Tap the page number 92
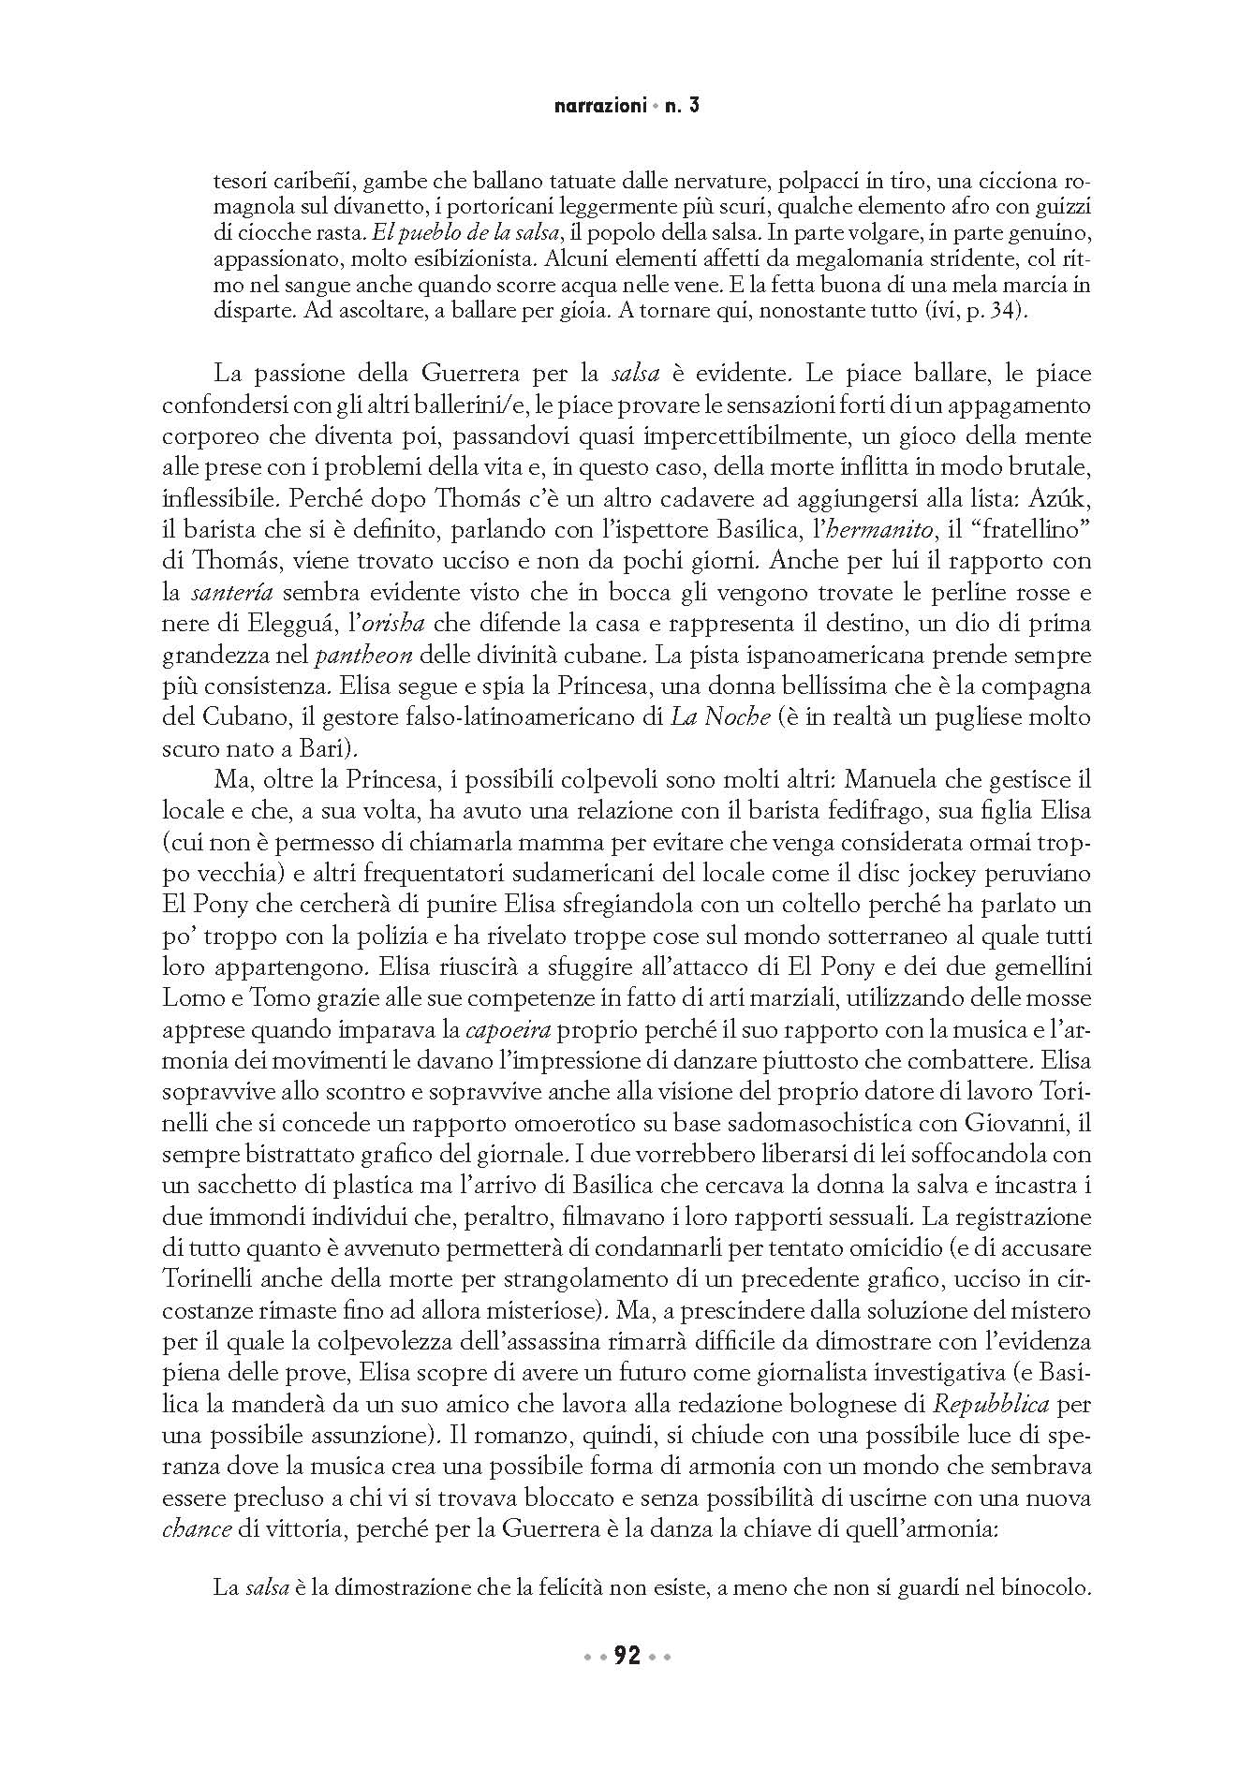[627, 1657]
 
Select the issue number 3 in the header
[694, 107]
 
